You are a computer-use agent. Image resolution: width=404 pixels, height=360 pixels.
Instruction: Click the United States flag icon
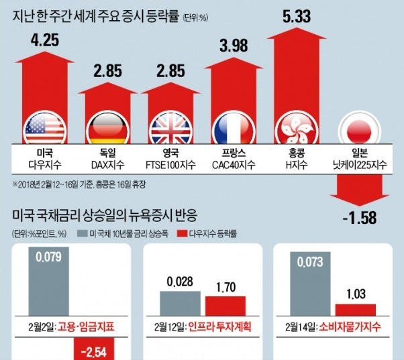tap(44, 127)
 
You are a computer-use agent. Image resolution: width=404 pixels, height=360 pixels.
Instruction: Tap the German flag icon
tap(107, 127)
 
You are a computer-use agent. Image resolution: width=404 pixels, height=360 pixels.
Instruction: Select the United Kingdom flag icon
tap(170, 127)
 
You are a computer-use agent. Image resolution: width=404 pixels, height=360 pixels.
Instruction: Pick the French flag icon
tap(233, 127)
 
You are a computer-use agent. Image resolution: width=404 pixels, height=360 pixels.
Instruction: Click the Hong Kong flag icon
tap(296, 127)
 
